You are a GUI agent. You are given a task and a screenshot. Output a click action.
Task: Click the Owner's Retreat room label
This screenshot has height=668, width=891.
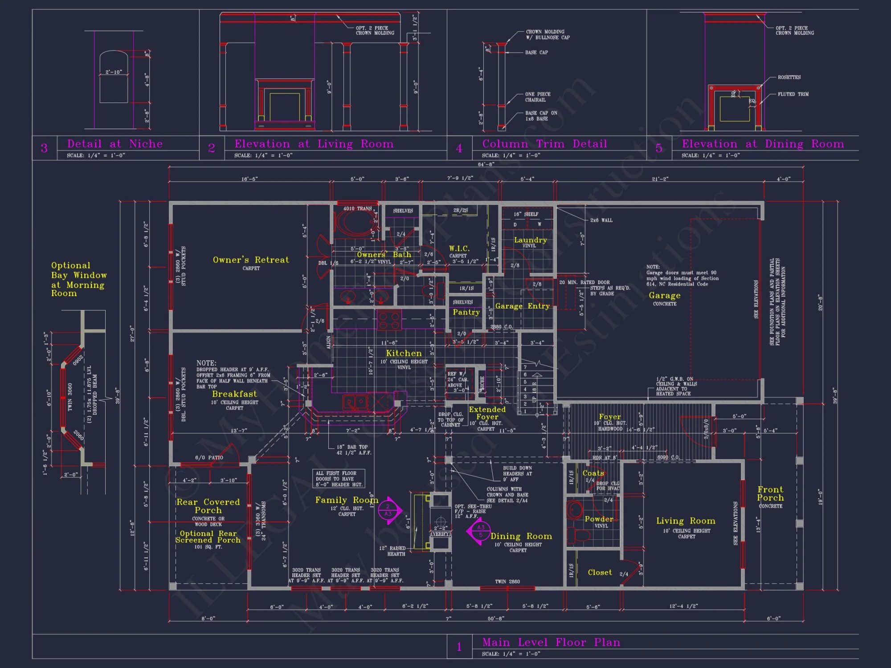(250, 260)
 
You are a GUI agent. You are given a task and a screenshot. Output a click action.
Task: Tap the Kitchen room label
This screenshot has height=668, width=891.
(404, 353)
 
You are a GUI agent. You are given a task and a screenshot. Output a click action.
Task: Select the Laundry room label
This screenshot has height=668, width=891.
(530, 240)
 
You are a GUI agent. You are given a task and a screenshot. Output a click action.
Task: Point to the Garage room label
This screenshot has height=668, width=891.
(664, 295)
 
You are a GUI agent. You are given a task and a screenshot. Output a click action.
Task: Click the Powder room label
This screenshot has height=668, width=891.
(599, 519)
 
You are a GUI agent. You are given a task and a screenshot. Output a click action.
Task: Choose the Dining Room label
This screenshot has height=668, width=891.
(521, 536)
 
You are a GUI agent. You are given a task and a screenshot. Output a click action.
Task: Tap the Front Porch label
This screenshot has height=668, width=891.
(770, 493)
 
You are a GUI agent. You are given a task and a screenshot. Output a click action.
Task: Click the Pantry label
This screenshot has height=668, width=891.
(466, 312)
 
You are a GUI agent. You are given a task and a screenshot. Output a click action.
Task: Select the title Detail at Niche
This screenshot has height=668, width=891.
(115, 144)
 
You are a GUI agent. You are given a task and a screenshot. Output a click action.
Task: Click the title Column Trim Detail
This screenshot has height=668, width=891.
(544, 144)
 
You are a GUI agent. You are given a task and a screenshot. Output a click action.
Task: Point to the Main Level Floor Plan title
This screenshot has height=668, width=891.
(551, 642)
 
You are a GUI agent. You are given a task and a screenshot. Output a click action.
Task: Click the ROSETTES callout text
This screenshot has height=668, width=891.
(789, 77)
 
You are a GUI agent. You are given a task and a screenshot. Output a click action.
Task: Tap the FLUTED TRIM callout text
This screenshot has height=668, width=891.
(793, 94)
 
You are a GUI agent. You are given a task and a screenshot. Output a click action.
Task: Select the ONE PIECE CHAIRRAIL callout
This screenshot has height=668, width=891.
(537, 97)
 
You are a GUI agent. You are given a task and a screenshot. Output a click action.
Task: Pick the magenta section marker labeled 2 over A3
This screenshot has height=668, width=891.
(389, 510)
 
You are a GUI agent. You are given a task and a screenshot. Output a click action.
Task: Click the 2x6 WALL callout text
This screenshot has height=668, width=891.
(601, 220)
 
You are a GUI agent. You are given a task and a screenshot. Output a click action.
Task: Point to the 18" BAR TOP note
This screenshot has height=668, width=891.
(352, 450)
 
